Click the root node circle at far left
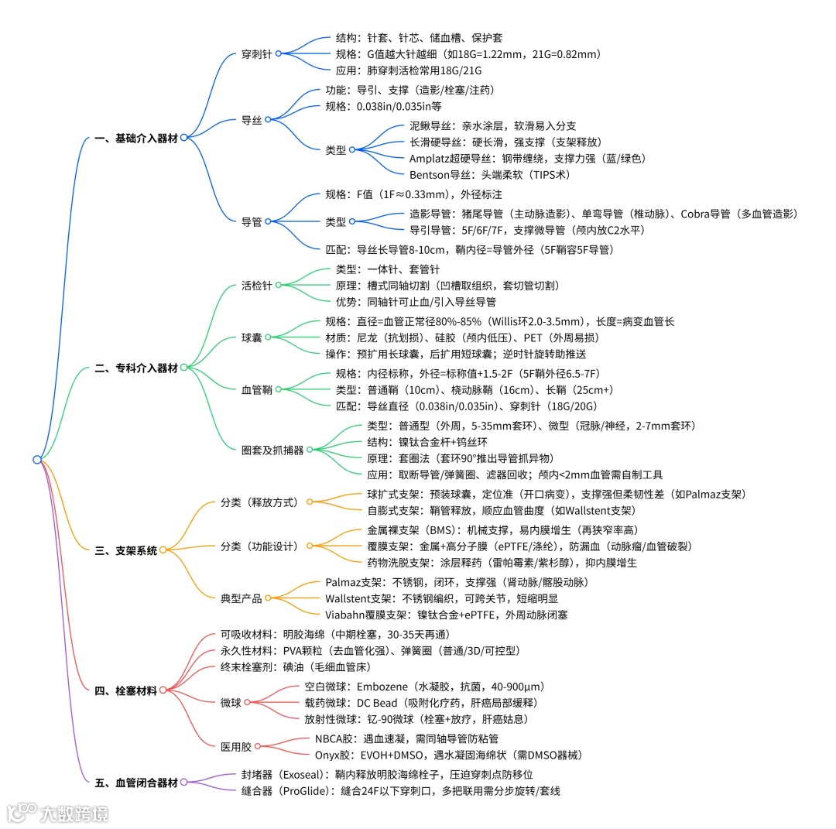click(x=37, y=460)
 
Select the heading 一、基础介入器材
click(x=136, y=139)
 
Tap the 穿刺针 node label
click(x=257, y=54)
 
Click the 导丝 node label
click(x=252, y=120)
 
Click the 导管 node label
click(x=252, y=221)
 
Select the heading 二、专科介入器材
click(x=136, y=368)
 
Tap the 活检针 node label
click(x=257, y=286)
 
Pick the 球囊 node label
click(x=252, y=337)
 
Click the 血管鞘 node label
click(x=257, y=390)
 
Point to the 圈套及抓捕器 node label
click(x=272, y=450)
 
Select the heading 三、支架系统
click(x=126, y=551)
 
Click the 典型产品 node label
click(x=242, y=598)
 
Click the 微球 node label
click(x=231, y=703)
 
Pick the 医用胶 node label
click(x=236, y=747)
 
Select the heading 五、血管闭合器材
click(x=136, y=783)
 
